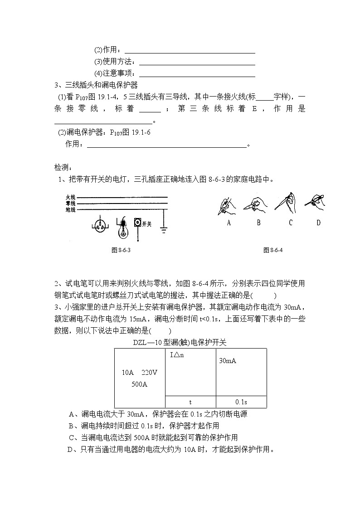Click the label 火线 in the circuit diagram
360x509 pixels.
tap(70, 198)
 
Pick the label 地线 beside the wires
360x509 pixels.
tap(70, 209)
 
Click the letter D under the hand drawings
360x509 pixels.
tap(318, 223)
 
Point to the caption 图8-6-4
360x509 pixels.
tap(273, 250)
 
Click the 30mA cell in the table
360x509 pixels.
tap(228, 361)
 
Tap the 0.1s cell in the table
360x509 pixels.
tap(241, 402)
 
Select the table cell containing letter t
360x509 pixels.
tap(190, 402)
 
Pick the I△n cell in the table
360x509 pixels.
tap(177, 355)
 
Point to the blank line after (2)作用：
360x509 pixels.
tap(190, 51)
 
